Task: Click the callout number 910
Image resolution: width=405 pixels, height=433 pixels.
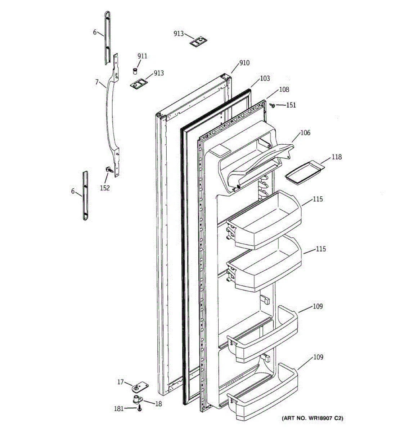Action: (x=244, y=63)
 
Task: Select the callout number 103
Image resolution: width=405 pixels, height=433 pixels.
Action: (x=265, y=79)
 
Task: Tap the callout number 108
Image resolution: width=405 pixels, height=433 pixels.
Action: (x=284, y=90)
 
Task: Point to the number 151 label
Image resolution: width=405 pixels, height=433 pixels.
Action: (x=291, y=105)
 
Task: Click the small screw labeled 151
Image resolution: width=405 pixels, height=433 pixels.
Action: (x=273, y=105)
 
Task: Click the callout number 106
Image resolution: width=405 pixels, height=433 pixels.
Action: (x=305, y=133)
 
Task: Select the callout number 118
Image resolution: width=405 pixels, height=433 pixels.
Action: (x=337, y=157)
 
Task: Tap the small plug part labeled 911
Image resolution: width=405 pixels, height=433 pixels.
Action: (x=136, y=70)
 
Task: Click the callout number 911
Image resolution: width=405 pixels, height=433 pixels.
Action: (x=142, y=56)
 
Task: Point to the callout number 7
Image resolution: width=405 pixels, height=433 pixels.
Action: (x=96, y=82)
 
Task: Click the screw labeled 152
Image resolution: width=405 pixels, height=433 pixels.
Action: (x=108, y=169)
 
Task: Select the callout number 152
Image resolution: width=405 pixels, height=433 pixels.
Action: (x=105, y=188)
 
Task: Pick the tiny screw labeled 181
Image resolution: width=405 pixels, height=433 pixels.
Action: (x=140, y=409)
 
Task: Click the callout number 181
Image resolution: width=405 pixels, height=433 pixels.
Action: (x=119, y=409)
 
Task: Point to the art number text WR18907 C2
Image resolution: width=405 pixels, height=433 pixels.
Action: (x=312, y=419)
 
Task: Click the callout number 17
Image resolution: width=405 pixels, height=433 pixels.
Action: (x=121, y=382)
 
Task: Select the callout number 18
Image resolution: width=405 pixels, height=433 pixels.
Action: (x=158, y=404)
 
